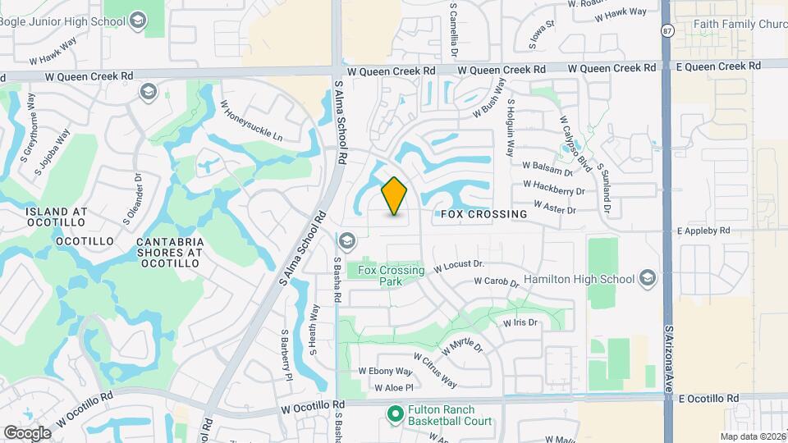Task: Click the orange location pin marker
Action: point(395,196)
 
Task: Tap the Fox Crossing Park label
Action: point(392,276)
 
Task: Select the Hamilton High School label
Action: point(584,279)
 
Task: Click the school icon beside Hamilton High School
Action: point(648,278)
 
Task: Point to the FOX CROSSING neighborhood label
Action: point(483,214)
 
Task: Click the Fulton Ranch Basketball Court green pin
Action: point(394,415)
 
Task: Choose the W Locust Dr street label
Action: point(460,266)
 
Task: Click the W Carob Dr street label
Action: point(497,282)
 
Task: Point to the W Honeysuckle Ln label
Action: point(250,120)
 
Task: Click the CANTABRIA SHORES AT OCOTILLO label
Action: point(170,253)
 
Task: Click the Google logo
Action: point(27,432)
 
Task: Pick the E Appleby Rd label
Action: point(703,231)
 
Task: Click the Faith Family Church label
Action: point(739,25)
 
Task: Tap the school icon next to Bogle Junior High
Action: point(137,18)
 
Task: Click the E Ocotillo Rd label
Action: point(709,398)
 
